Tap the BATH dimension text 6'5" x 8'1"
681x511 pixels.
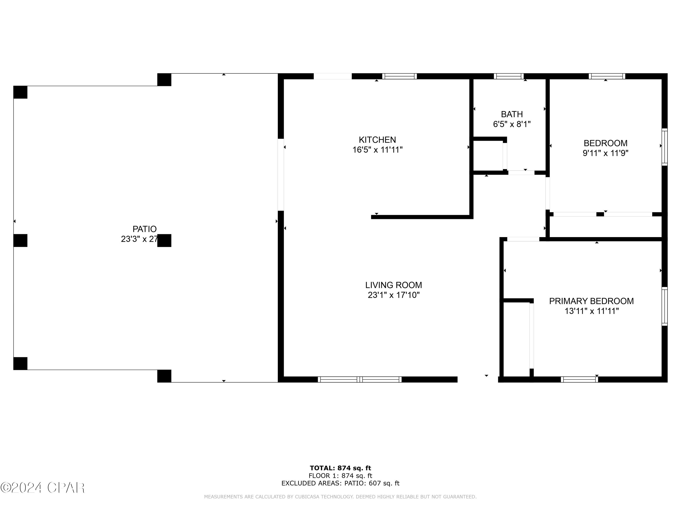point(512,124)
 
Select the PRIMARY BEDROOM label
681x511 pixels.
point(591,301)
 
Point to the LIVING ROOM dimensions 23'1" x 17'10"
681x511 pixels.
point(393,295)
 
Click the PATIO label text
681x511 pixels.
point(144,229)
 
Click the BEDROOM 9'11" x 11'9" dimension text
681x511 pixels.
point(605,153)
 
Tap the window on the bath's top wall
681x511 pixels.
point(509,76)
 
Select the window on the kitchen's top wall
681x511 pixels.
point(399,76)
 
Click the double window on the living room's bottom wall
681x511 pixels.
point(360,380)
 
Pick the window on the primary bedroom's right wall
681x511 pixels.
point(664,306)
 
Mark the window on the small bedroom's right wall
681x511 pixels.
point(664,147)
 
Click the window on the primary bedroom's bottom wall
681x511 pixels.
point(579,380)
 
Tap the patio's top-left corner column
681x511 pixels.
point(20,92)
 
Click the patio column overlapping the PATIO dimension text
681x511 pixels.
point(164,241)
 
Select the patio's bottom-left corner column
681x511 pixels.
point(20,363)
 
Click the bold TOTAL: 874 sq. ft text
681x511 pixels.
point(340,468)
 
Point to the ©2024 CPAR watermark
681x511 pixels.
point(42,488)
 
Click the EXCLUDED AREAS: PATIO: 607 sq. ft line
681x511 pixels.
point(340,483)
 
